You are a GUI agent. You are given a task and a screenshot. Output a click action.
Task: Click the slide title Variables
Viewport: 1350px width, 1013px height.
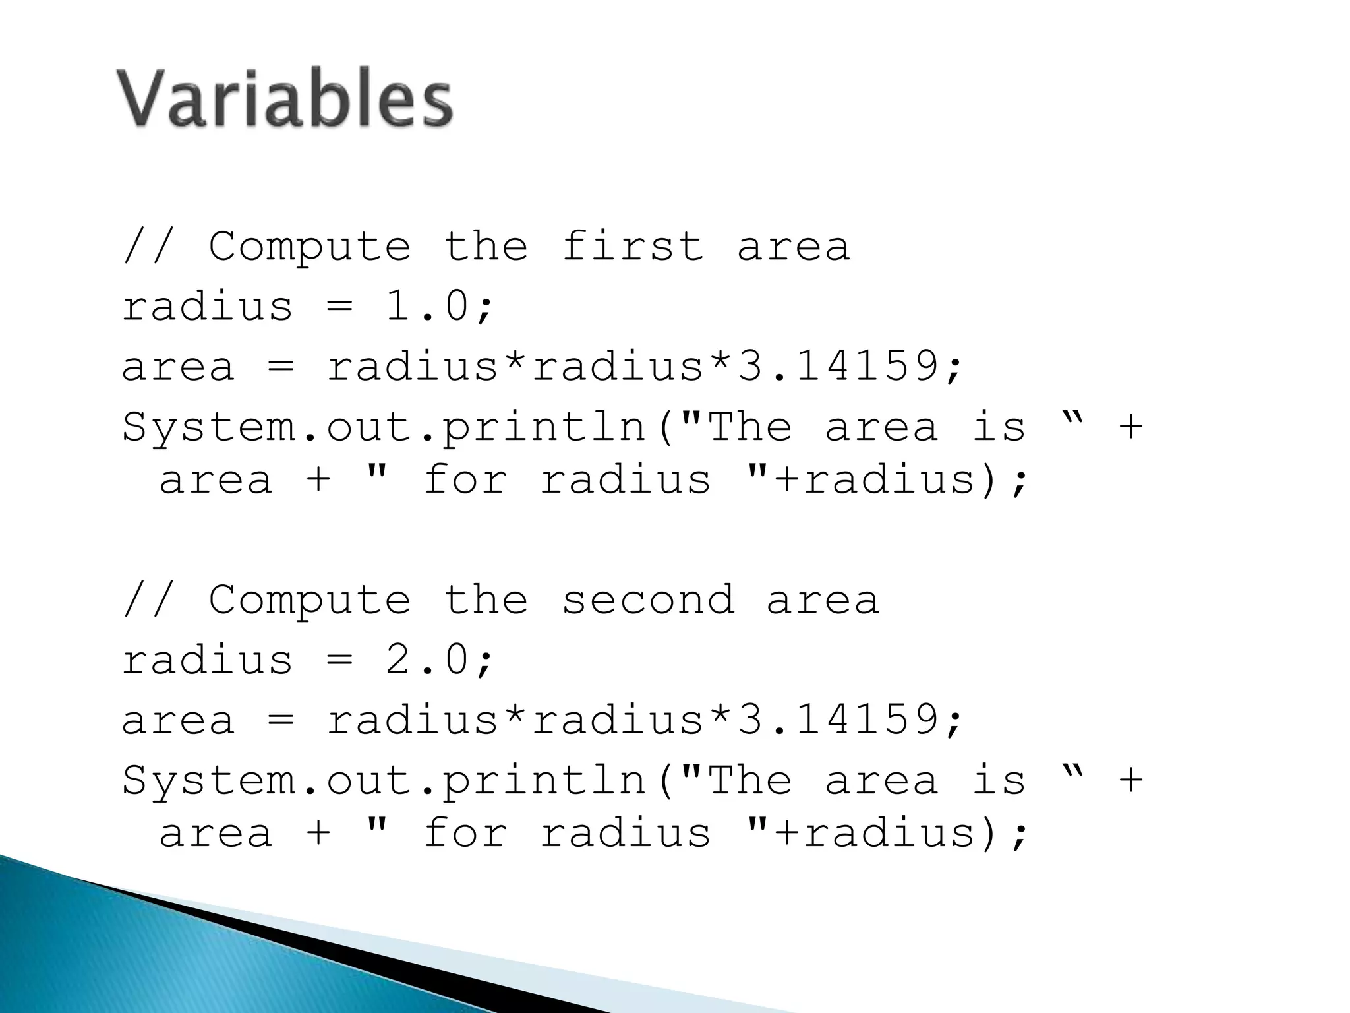(285, 99)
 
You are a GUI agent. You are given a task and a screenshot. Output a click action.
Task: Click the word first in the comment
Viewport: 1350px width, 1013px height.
(633, 247)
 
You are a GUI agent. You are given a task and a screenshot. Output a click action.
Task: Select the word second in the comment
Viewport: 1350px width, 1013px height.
(648, 600)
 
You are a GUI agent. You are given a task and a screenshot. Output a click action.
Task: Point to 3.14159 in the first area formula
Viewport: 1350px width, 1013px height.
(837, 367)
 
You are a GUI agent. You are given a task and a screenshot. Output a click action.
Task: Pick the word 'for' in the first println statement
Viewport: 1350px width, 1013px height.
(465, 479)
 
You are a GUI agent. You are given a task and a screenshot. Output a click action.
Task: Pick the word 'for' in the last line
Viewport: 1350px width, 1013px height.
(465, 832)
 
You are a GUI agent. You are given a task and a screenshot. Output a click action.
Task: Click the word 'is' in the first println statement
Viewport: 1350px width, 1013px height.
(999, 426)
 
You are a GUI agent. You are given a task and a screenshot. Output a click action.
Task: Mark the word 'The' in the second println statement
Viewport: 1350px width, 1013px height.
(750, 780)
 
